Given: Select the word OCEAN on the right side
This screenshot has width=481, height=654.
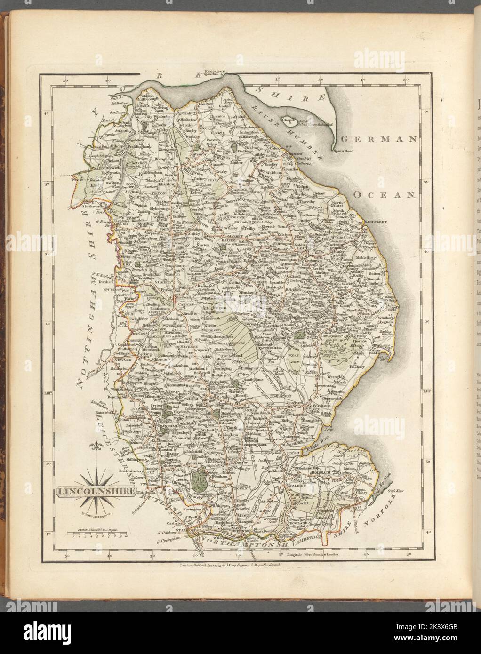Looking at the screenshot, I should [x=384, y=194].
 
